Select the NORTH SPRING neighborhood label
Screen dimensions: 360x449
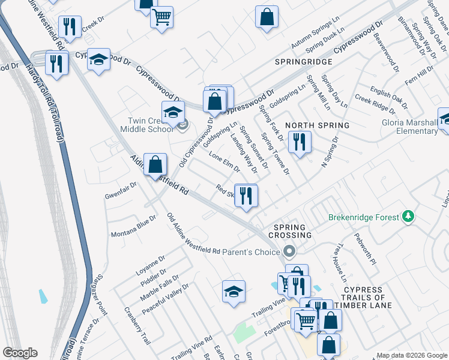click(317, 125)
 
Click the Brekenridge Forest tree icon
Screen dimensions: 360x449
click(409, 216)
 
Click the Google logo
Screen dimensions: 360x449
click(20, 353)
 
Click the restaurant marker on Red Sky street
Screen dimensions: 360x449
click(246, 196)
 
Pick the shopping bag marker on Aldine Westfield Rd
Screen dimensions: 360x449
click(155, 164)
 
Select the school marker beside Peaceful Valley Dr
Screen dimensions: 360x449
click(234, 292)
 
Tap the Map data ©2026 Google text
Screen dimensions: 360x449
click(411, 355)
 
